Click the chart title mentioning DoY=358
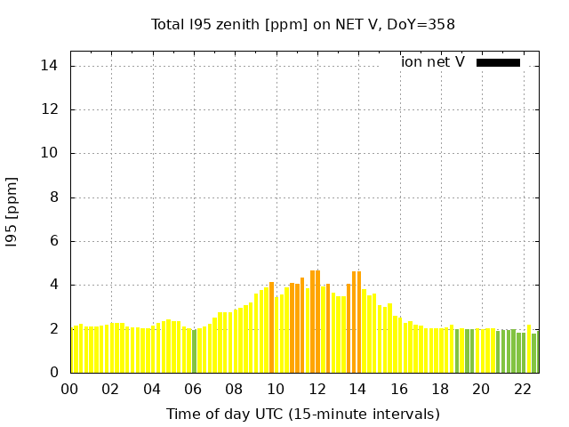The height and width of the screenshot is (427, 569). click(303, 24)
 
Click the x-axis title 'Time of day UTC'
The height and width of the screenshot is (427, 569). click(303, 414)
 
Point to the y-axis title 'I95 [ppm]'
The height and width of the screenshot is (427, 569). click(12, 212)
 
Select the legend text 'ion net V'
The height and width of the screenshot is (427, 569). click(433, 62)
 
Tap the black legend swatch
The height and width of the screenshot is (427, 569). click(498, 62)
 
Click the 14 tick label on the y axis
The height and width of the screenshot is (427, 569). click(51, 66)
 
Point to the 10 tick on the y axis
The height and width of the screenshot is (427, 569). click(51, 153)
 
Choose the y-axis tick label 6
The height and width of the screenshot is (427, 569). click(54, 241)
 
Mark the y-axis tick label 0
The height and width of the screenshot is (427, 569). click(54, 373)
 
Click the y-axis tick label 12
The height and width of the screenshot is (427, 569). click(51, 109)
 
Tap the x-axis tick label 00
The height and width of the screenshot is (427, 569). click(70, 389)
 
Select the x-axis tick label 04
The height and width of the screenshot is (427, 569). click(152, 389)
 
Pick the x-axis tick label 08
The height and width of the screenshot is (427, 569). click(235, 389)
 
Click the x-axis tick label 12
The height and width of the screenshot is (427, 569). click(317, 389)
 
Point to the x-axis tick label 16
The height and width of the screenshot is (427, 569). click(399, 389)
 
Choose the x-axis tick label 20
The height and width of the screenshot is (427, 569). click(481, 389)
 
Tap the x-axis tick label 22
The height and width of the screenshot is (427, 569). click(522, 389)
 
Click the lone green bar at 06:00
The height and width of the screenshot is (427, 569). click(195, 351)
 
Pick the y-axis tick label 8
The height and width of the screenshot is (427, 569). click(54, 197)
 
